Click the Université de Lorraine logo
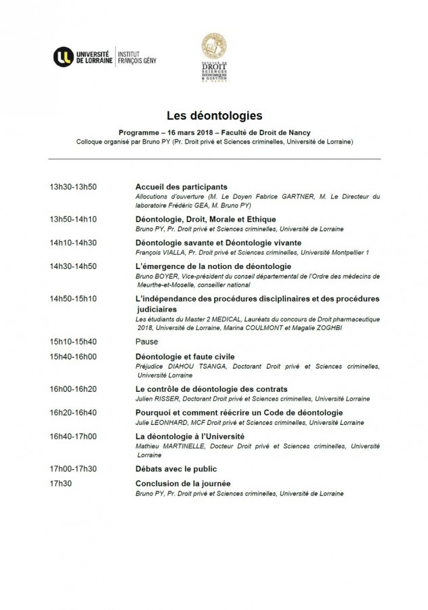tap(83, 55)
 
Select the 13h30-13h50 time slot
tap(72, 186)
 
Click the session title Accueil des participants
tap(181, 186)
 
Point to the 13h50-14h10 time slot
tap(72, 219)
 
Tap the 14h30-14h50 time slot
tap(72, 266)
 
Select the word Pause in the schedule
tap(147, 340)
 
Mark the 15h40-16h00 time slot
tap(72, 356)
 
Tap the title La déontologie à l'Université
tap(190, 436)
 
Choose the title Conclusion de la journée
tap(183, 483)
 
